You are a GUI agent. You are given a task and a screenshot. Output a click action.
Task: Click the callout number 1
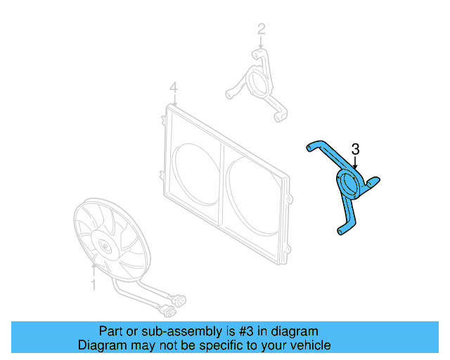tap(92, 285)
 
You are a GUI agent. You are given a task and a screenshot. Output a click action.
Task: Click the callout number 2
tap(262, 29)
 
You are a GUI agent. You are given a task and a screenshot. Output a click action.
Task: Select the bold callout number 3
tap(356, 149)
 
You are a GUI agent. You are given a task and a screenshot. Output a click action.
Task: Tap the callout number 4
tap(173, 88)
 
